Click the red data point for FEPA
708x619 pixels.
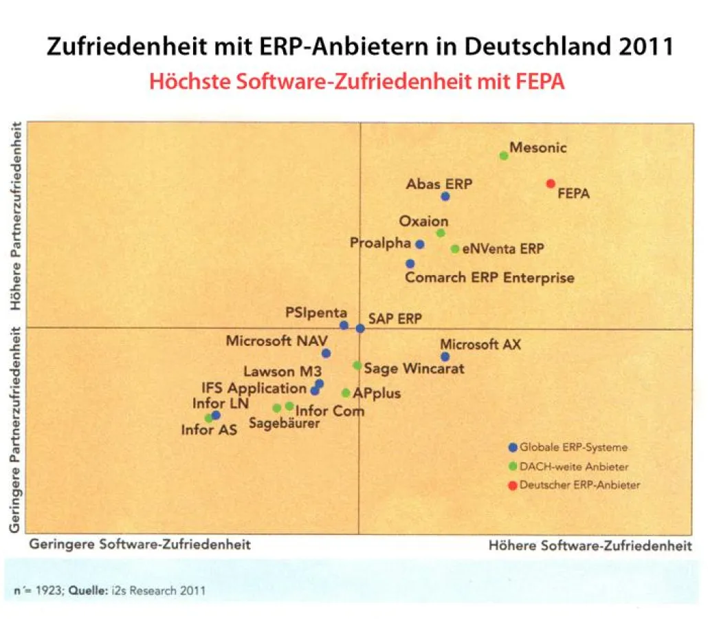(551, 184)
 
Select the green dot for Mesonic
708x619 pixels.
(504, 155)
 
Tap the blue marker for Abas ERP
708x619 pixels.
(445, 196)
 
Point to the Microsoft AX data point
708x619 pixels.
(445, 356)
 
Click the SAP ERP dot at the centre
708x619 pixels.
(360, 329)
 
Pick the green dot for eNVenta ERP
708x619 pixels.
(455, 249)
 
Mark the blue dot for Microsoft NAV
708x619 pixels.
(327, 354)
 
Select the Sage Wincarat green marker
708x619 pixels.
(357, 365)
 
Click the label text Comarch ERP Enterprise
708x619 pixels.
(489, 279)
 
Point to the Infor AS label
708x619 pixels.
(209, 431)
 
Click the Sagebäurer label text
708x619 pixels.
(284, 424)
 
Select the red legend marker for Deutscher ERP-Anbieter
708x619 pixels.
(512, 486)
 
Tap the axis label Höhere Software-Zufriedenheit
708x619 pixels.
(590, 546)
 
